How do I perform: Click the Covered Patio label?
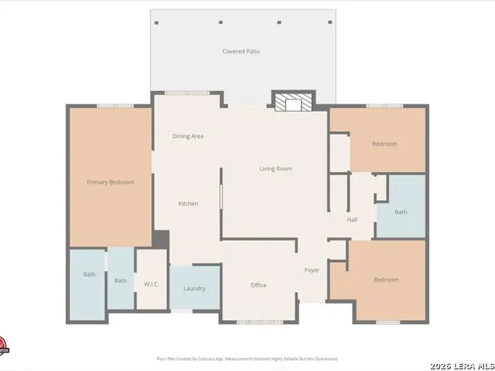[241, 52]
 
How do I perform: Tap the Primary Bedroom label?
[111, 182]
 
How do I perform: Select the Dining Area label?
[188, 137]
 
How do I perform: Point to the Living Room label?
[275, 168]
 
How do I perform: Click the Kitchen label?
[188, 204]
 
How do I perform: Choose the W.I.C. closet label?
[152, 284]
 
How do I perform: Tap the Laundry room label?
[194, 289]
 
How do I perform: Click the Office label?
[258, 285]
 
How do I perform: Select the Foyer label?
[312, 271]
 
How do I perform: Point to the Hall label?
[352, 220]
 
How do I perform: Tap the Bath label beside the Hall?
[401, 212]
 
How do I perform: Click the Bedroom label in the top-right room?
[384, 144]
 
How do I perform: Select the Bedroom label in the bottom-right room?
[386, 280]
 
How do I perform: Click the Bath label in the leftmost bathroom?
[89, 274]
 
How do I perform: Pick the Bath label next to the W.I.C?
[121, 281]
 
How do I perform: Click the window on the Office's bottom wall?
[258, 322]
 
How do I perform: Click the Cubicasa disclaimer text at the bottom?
[247, 359]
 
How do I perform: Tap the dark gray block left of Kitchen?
[161, 240]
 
